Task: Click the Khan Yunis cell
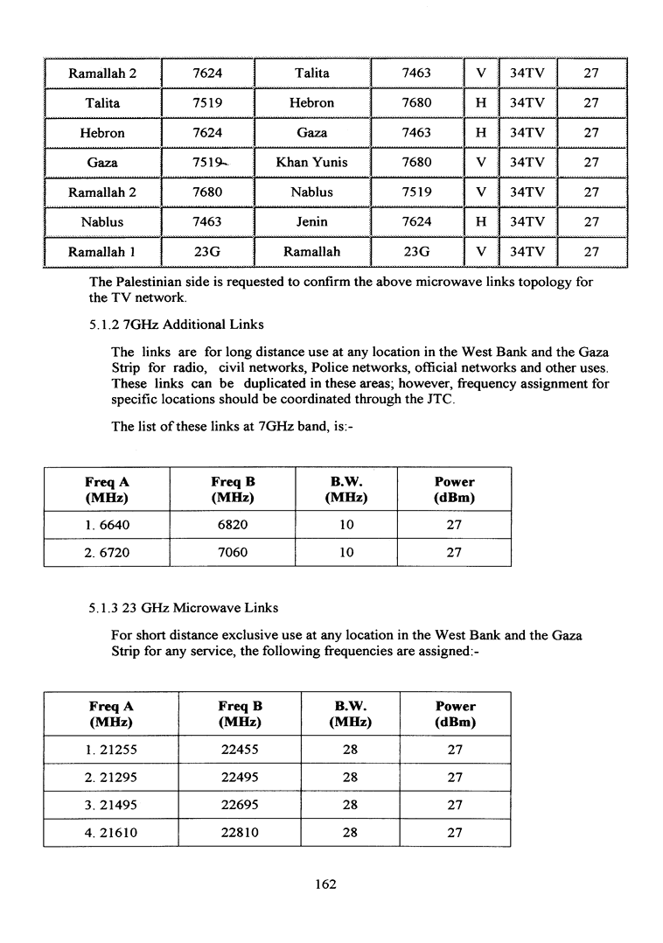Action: pos(311,163)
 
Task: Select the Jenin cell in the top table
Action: pos(311,222)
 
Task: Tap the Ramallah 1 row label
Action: pos(102,252)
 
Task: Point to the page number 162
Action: pos(325,884)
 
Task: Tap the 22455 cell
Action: pos(240,750)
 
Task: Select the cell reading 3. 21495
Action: pos(110,806)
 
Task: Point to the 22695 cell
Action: pos(240,806)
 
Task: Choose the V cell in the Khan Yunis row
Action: pos(480,163)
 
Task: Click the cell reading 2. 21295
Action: pos(110,778)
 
